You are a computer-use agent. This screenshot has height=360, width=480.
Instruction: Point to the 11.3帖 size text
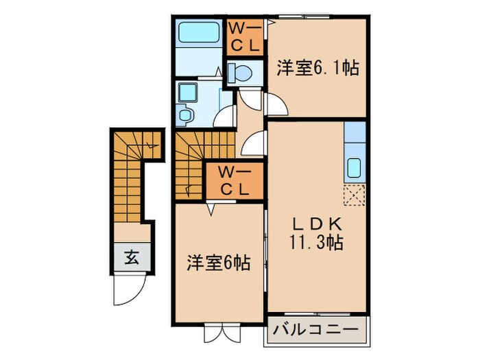point(316,242)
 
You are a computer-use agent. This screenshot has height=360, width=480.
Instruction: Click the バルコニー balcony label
point(316,331)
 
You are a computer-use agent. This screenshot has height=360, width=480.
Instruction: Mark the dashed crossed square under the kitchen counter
point(355,195)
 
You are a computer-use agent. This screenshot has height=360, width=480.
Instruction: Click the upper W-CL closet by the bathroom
point(243,38)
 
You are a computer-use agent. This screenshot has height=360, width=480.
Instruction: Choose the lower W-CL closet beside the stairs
point(235,181)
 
